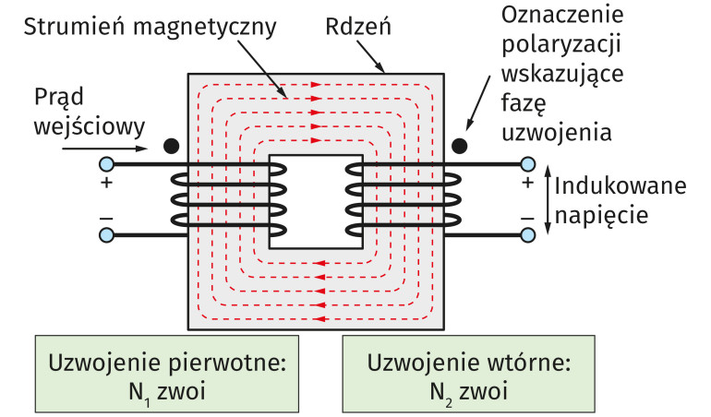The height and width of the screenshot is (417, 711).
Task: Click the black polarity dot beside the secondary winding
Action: click(x=458, y=146)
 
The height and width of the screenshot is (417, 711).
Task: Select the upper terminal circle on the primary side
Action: click(x=106, y=164)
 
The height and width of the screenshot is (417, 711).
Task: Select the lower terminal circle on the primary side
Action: click(x=106, y=234)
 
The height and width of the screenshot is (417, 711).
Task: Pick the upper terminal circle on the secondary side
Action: click(x=528, y=164)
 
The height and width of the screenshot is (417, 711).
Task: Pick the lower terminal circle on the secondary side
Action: click(x=528, y=234)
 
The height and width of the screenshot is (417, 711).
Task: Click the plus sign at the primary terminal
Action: click(x=106, y=184)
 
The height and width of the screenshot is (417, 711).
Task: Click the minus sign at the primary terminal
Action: click(x=106, y=218)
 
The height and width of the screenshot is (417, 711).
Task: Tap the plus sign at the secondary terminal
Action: click(x=528, y=184)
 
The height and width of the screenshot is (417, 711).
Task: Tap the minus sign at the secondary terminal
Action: click(x=528, y=218)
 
